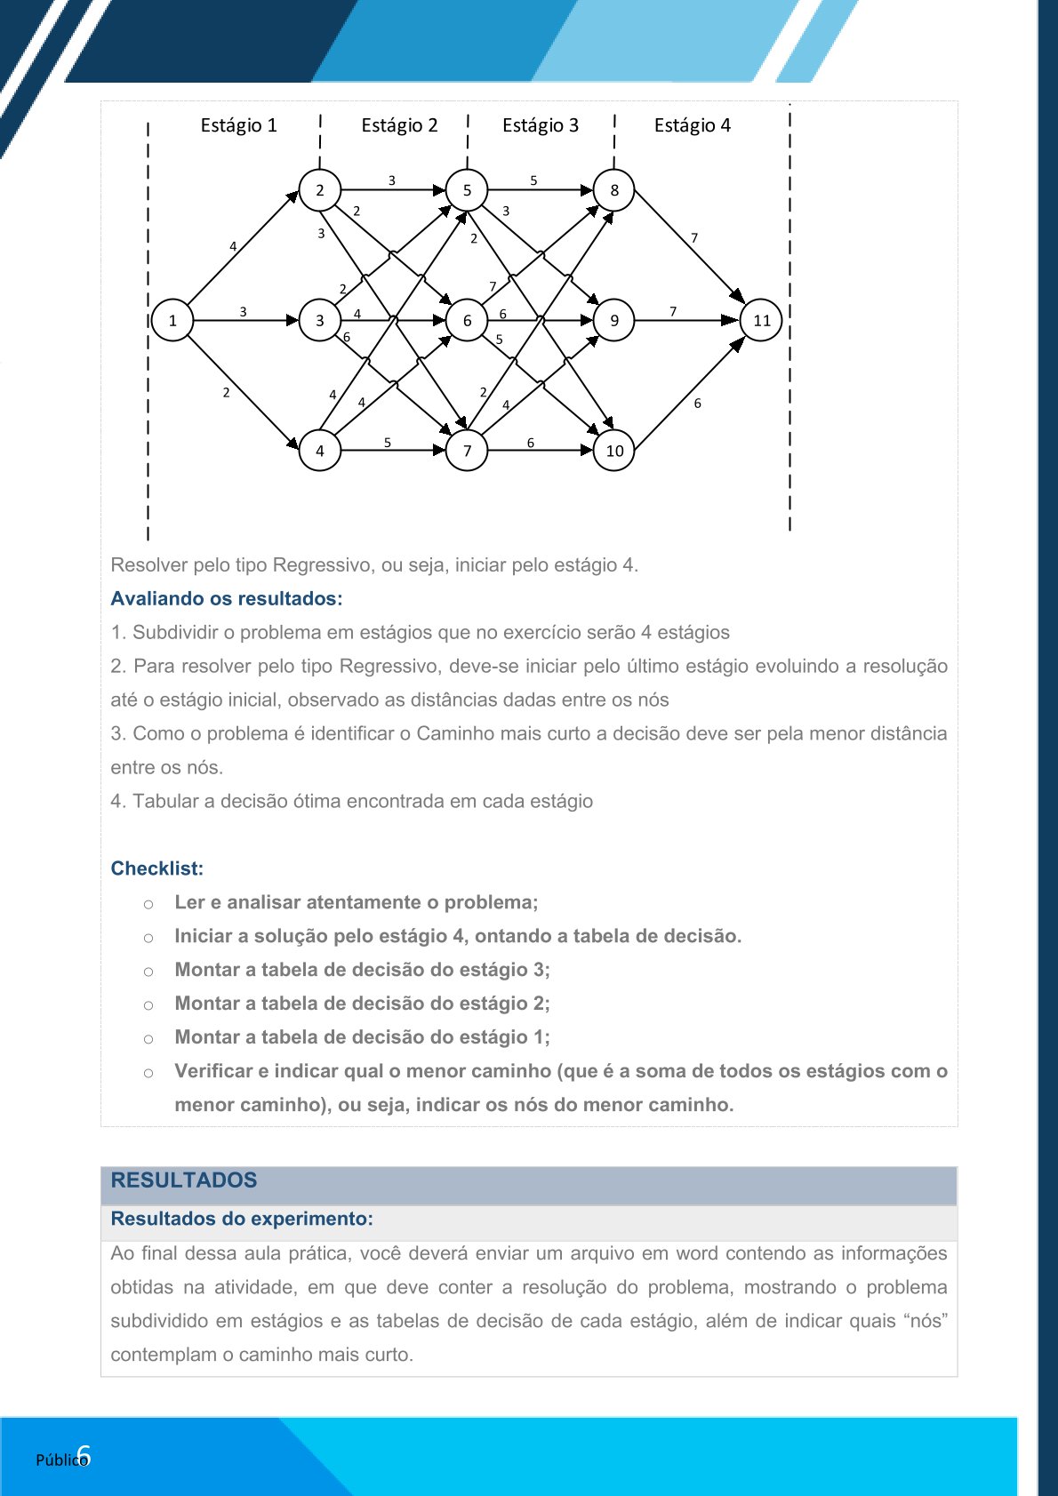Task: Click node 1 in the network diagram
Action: coord(172,321)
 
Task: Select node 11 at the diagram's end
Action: coord(762,321)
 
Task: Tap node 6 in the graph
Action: coord(467,321)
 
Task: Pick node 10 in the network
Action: coord(614,451)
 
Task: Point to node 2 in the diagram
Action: coord(320,190)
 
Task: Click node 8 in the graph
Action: coord(614,190)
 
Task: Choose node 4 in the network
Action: coord(320,451)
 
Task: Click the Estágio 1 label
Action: coord(238,125)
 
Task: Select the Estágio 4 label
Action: coord(692,125)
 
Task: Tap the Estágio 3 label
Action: coord(540,125)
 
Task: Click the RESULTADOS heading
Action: coord(183,1180)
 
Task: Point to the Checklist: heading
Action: coord(156,868)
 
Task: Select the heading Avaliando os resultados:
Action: coord(226,599)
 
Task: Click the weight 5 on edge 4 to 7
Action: coord(388,442)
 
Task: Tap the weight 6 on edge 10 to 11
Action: coord(698,404)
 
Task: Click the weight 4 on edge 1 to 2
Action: coord(233,246)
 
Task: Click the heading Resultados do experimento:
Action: coord(241,1219)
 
